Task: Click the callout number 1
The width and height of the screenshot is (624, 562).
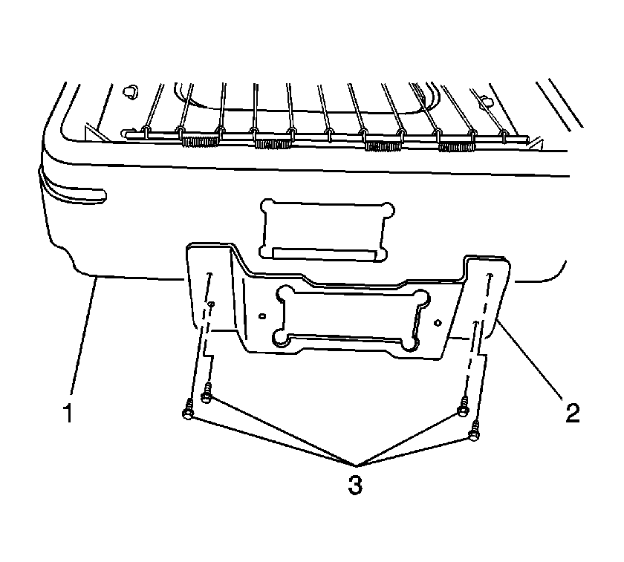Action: tap(68, 413)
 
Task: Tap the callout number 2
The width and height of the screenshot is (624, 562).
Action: tap(573, 413)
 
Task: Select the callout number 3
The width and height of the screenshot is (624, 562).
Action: tap(355, 485)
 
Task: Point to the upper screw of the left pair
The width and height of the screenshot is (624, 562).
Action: tap(207, 393)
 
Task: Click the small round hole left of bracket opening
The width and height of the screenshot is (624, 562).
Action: tap(261, 316)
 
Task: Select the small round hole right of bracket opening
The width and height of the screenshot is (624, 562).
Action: tap(438, 321)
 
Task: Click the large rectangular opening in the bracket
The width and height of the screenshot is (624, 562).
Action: tap(351, 318)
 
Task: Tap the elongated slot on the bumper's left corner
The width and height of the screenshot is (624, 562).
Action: tap(76, 192)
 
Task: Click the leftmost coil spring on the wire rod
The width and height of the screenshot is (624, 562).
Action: tap(200, 141)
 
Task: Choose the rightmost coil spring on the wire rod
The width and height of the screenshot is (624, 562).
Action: tap(456, 147)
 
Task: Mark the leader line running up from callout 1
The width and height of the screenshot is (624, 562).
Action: tap(83, 337)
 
